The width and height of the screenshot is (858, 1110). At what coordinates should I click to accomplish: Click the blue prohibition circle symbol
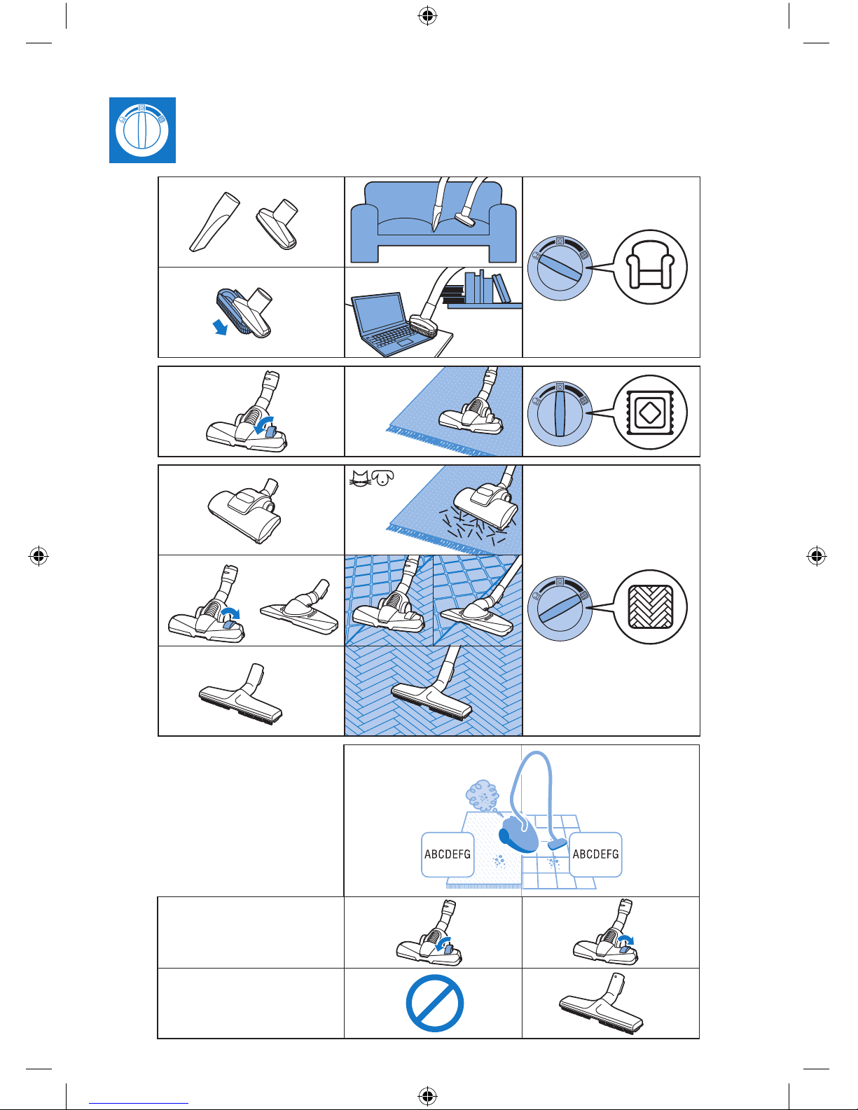coord(435,1003)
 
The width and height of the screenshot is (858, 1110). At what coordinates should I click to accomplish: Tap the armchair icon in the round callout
coord(650,266)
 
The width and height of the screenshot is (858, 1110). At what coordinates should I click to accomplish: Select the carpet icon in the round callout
coord(650,412)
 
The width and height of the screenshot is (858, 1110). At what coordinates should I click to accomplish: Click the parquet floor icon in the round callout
coord(650,607)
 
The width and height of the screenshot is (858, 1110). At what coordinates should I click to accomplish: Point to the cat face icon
coord(360,478)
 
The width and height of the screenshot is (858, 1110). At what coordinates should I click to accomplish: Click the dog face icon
coord(382,478)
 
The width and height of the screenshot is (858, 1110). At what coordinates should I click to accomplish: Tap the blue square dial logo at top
coord(142,130)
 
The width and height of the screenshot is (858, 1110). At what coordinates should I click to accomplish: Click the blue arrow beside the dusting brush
coord(220,326)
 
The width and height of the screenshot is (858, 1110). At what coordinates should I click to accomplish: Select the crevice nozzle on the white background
coord(214,222)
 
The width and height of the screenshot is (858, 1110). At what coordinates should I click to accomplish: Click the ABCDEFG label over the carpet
coord(448,854)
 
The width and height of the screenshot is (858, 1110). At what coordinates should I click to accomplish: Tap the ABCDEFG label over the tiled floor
coord(595,854)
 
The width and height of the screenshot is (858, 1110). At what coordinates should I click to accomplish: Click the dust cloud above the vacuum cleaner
coord(482,795)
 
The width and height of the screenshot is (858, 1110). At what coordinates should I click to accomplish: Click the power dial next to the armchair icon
coord(560,268)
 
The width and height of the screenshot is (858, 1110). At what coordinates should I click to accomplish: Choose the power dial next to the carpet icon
coord(560,414)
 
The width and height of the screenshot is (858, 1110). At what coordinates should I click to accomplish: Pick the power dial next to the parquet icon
coord(560,609)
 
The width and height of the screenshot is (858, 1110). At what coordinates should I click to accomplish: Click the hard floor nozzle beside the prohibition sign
coord(602,1004)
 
